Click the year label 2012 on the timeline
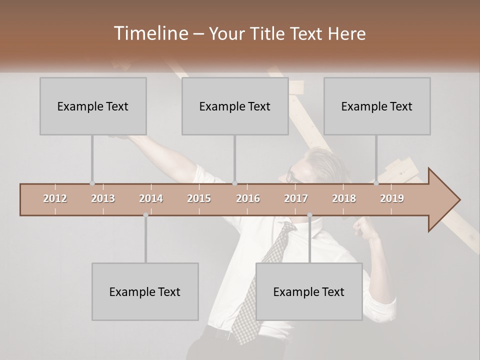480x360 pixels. click(x=55, y=199)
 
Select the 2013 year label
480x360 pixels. click(x=103, y=199)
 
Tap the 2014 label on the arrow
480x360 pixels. click(x=151, y=199)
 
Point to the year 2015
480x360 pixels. click(x=199, y=199)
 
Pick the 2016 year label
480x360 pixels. click(x=248, y=199)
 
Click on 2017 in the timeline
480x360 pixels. click(x=296, y=199)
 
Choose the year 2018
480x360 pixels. click(x=344, y=199)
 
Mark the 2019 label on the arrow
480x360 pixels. click(x=392, y=199)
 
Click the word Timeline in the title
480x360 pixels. click(x=149, y=33)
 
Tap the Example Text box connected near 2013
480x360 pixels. click(x=93, y=106)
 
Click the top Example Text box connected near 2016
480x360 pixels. click(x=235, y=106)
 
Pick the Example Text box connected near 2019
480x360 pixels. click(x=377, y=106)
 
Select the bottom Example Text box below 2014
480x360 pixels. click(x=145, y=291)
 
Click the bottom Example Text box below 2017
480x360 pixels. click(x=309, y=291)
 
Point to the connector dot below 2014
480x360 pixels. click(x=145, y=215)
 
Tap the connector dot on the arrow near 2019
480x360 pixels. click(x=376, y=183)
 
